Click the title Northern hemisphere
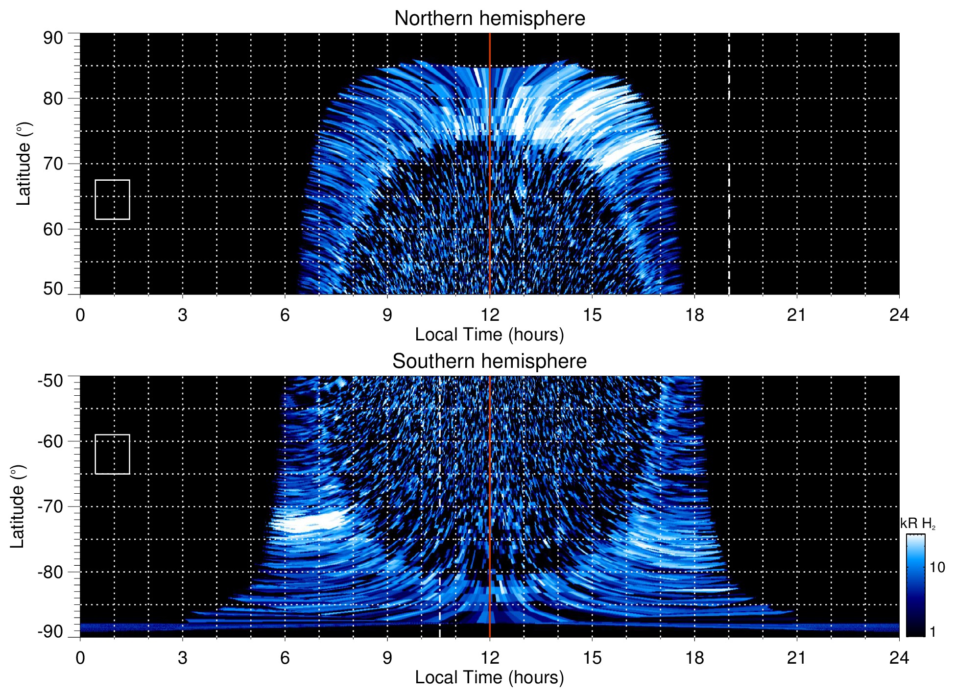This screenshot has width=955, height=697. [x=489, y=19]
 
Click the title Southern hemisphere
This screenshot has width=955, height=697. [x=489, y=361]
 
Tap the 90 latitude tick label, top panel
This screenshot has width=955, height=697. [x=53, y=38]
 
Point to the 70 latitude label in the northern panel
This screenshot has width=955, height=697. [x=53, y=164]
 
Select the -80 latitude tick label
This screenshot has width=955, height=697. [x=50, y=572]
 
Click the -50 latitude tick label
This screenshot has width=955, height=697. [x=50, y=381]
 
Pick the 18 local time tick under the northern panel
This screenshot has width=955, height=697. [x=694, y=315]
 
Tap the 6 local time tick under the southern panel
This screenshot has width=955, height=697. [x=285, y=658]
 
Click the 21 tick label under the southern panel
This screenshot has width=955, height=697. [x=797, y=658]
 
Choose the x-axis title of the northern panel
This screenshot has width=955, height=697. [x=489, y=335]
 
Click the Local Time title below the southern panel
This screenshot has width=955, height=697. [x=489, y=677]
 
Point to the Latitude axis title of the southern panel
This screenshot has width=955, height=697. [x=17, y=507]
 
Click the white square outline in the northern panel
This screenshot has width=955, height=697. [x=112, y=200]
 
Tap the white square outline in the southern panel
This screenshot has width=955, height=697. [x=112, y=454]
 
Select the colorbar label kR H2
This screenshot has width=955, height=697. [x=918, y=524]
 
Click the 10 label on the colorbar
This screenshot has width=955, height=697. [x=937, y=567]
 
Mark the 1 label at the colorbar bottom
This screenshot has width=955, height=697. [x=932, y=631]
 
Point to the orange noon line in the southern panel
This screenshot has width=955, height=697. [x=490, y=490]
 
